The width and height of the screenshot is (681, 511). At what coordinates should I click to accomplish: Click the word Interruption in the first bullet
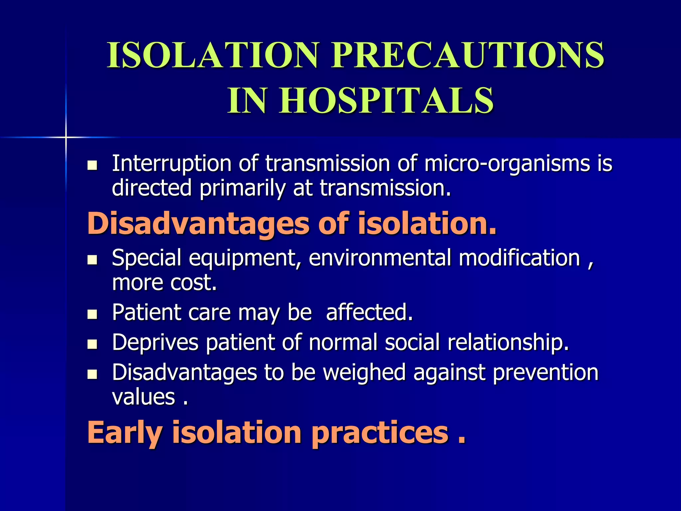(x=172, y=164)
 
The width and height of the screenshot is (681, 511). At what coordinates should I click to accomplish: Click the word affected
(x=369, y=312)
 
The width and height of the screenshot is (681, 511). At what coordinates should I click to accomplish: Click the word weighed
(x=364, y=373)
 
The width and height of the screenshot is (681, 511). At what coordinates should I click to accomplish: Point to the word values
(x=143, y=397)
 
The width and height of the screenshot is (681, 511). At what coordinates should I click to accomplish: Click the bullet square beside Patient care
(x=92, y=314)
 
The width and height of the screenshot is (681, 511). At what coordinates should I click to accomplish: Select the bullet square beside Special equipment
(x=92, y=260)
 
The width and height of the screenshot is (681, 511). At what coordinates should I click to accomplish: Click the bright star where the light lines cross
(x=66, y=137)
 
